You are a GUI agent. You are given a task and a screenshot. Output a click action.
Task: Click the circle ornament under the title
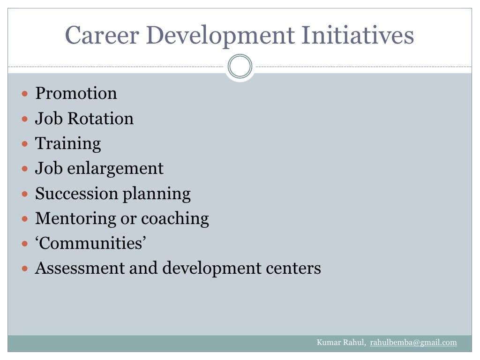(240, 67)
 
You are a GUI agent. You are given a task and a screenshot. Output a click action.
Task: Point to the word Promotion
(76, 93)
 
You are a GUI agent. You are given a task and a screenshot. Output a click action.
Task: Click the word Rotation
(101, 118)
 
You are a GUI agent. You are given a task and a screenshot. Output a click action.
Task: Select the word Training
(68, 143)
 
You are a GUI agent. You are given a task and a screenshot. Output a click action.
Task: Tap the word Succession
(77, 194)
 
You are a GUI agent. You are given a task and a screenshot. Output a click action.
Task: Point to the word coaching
(175, 218)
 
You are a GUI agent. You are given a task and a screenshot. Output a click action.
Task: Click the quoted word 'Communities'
(91, 243)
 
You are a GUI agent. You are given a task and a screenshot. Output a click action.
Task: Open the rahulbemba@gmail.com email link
(413, 343)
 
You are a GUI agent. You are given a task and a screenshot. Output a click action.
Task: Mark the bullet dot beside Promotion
(25, 94)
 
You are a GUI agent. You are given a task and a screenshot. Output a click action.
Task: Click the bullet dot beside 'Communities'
(25, 244)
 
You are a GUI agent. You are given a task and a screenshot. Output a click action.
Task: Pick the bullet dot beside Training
(25, 144)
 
